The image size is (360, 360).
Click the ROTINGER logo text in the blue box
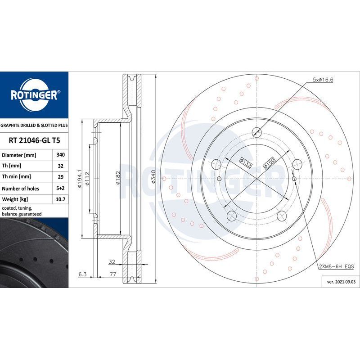coord(34,95)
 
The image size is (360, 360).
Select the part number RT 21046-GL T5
coord(34,140)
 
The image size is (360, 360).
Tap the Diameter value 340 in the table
coord(60,155)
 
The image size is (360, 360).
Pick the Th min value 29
coord(60,177)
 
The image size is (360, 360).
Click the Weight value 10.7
coord(60,199)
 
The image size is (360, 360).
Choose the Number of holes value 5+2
coord(60,188)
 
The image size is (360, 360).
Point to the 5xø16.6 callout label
coord(323,80)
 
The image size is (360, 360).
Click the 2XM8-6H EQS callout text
coord(336,266)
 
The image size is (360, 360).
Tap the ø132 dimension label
coord(246,162)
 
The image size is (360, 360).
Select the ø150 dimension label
coord(269,163)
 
